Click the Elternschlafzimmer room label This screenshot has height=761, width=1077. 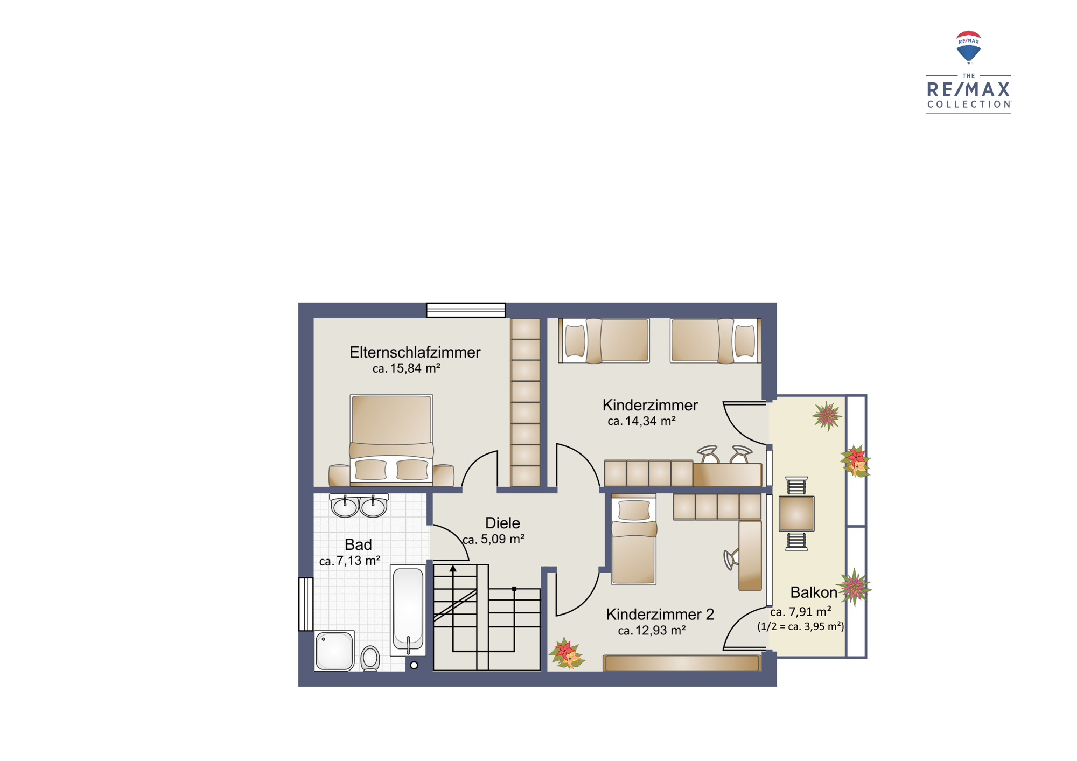[x=415, y=352]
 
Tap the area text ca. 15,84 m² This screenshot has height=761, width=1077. [x=406, y=368]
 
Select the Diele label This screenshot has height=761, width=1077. [x=502, y=523]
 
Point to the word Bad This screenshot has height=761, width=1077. [x=358, y=544]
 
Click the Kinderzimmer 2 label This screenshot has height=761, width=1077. [x=660, y=614]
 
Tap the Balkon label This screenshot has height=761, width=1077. [x=813, y=592]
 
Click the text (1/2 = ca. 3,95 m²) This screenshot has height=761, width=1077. [x=801, y=626]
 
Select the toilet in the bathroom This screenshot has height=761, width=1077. [x=370, y=658]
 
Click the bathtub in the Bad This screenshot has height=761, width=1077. [x=408, y=610]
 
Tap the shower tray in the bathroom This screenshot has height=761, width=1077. [x=334, y=651]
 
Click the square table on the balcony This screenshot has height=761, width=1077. [x=796, y=513]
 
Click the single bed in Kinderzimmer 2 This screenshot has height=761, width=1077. [x=634, y=539]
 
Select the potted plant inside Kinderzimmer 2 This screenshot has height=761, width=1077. [x=567, y=654]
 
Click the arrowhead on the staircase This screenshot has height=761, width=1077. [x=453, y=569]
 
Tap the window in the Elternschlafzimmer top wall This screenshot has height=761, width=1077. [x=466, y=310]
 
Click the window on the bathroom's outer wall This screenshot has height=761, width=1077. [x=306, y=604]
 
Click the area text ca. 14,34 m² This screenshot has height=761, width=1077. [x=641, y=421]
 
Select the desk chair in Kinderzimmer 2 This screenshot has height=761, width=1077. [x=731, y=559]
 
